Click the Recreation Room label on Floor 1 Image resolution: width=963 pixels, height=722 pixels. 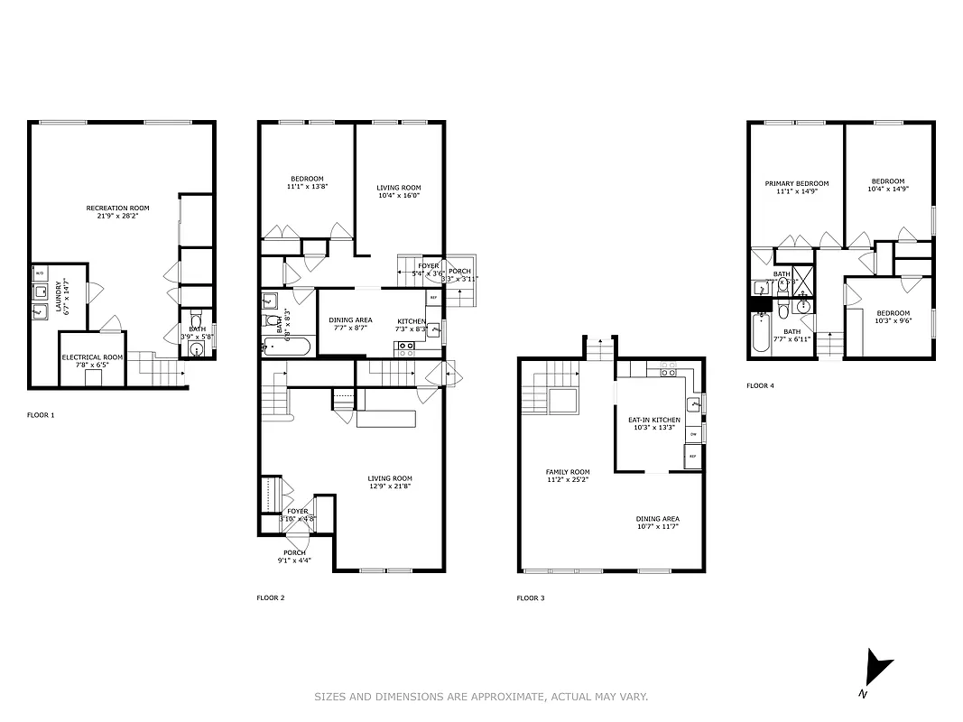pyautogui.click(x=118, y=208)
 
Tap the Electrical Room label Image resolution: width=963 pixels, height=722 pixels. pyautogui.click(x=93, y=357)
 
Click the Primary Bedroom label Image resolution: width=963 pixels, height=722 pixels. pyautogui.click(x=796, y=183)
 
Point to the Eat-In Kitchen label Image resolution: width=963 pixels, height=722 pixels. pyautogui.click(x=654, y=420)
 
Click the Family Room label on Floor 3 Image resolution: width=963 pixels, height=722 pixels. pyautogui.click(x=568, y=472)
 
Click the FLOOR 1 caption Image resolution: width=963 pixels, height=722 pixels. pyautogui.click(x=41, y=415)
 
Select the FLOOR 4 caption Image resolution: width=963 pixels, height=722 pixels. pyautogui.click(x=761, y=385)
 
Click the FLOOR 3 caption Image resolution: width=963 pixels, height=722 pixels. pyautogui.click(x=531, y=597)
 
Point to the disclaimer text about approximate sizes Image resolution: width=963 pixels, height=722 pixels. pyautogui.click(x=481, y=696)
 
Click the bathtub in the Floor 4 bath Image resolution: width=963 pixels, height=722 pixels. pyautogui.click(x=760, y=334)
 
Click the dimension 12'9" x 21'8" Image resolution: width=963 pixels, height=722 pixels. pyautogui.click(x=390, y=486)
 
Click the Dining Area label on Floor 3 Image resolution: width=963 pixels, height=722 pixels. pyautogui.click(x=658, y=519)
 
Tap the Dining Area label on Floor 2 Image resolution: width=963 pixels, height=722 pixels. pyautogui.click(x=350, y=320)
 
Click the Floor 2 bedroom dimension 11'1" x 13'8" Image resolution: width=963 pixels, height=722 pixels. pyautogui.click(x=306, y=187)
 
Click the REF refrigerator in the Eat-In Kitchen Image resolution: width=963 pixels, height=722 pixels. pyautogui.click(x=693, y=457)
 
